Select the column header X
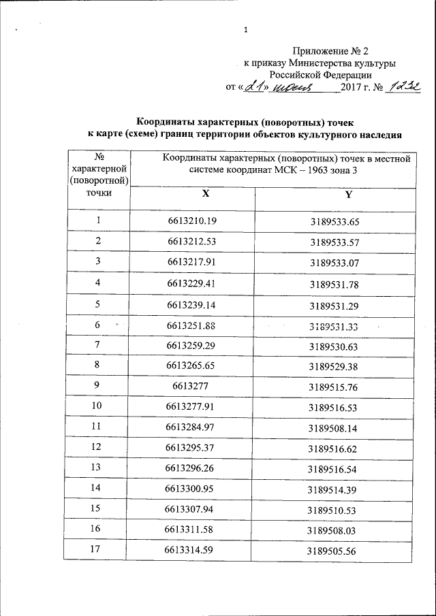pyautogui.click(x=204, y=195)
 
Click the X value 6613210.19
pyautogui.click(x=192, y=221)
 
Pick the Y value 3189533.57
pyautogui.click(x=334, y=242)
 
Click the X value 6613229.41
pyautogui.click(x=192, y=282)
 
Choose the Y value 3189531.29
pyautogui.click(x=334, y=304)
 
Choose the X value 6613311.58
pyautogui.click(x=192, y=530)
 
